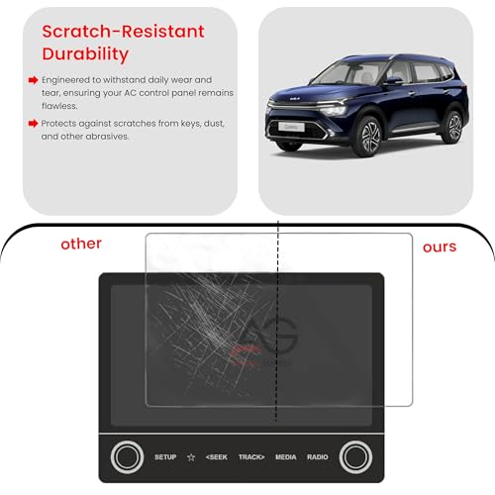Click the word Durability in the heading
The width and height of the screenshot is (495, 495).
[84, 52]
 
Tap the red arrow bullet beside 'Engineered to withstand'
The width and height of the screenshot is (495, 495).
[32, 78]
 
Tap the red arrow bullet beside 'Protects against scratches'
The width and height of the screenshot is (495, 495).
[32, 124]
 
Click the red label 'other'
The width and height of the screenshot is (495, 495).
[80, 243]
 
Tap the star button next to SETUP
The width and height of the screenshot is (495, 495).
[191, 456]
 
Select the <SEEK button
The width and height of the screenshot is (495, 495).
[216, 456]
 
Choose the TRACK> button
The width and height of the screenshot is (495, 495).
[251, 456]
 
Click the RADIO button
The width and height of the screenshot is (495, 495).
[318, 456]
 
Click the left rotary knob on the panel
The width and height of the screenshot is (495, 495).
[127, 456]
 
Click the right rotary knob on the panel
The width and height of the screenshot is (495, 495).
[355, 456]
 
